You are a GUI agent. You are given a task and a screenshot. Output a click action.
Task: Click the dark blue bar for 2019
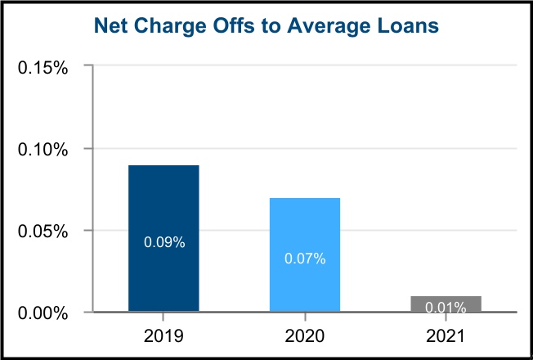(163, 205)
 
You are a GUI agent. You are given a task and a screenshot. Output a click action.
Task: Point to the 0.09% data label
(164, 242)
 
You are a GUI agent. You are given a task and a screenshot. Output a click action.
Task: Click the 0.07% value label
(305, 259)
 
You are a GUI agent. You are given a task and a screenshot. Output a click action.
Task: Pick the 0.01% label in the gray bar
(446, 308)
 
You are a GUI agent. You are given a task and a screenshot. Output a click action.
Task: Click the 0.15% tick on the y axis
(43, 67)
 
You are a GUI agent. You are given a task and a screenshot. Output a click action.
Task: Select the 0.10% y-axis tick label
(43, 149)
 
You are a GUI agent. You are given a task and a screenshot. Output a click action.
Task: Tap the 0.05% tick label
(43, 231)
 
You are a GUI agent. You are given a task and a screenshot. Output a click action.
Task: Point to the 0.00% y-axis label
(43, 313)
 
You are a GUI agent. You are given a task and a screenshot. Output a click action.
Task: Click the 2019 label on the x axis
(163, 336)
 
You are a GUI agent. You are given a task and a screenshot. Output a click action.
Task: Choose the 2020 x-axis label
(305, 336)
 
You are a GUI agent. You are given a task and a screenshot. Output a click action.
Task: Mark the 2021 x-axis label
(446, 336)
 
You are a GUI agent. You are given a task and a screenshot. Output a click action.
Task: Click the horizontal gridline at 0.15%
(302, 66)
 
